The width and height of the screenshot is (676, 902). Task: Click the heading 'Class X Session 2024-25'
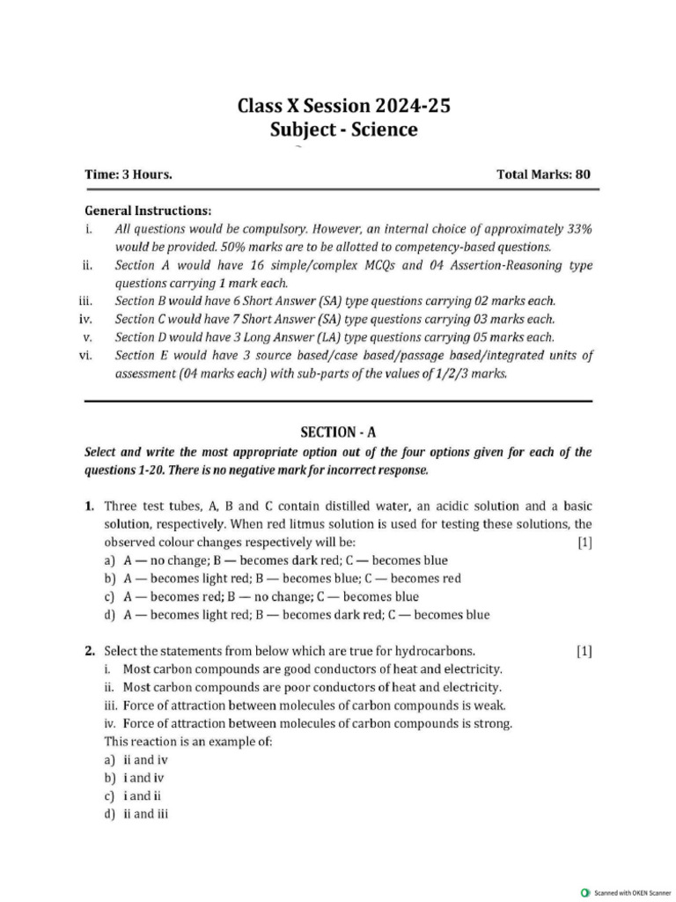click(344, 107)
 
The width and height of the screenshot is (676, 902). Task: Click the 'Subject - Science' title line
click(344, 130)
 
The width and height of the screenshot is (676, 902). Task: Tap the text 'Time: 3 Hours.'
click(128, 174)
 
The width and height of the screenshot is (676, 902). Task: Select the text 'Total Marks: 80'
click(543, 174)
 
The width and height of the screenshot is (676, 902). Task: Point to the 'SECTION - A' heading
click(338, 432)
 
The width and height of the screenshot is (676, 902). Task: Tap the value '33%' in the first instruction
click(576, 228)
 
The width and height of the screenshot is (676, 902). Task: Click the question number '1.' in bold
click(90, 506)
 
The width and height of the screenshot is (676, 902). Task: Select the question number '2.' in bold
click(90, 652)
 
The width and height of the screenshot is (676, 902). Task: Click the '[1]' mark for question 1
click(584, 543)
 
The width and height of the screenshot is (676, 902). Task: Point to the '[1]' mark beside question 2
click(584, 652)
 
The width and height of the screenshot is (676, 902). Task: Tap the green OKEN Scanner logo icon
click(586, 892)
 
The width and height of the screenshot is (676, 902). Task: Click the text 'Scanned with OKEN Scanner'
click(633, 892)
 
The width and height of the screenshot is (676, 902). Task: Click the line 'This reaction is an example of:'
click(188, 741)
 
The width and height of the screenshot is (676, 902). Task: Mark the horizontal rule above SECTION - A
click(338, 401)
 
